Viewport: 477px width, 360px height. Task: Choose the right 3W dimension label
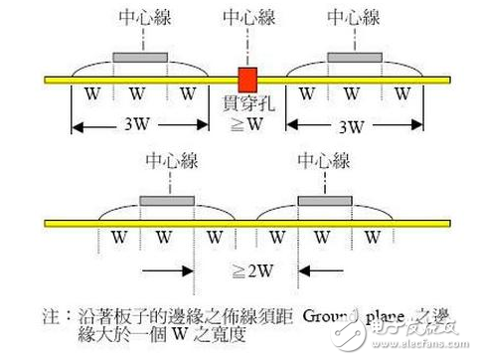[354, 128]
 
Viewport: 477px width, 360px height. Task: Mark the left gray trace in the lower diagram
[167, 201]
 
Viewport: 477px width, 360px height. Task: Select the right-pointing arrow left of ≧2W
[164, 270]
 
